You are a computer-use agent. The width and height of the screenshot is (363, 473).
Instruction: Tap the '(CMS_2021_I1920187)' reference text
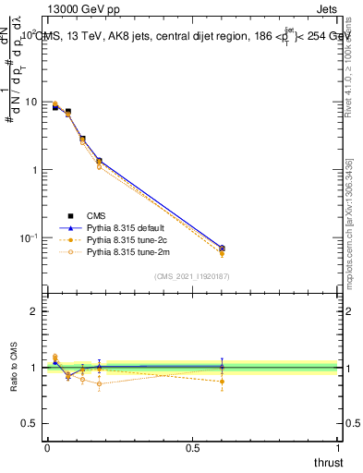(192, 275)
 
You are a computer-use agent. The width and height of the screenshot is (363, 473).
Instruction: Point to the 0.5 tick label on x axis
(192, 448)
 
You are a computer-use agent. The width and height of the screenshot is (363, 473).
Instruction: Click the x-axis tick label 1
(338, 448)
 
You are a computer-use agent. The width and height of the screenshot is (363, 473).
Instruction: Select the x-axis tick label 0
(47, 448)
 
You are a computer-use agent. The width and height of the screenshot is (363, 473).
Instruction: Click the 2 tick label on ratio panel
(34, 311)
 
